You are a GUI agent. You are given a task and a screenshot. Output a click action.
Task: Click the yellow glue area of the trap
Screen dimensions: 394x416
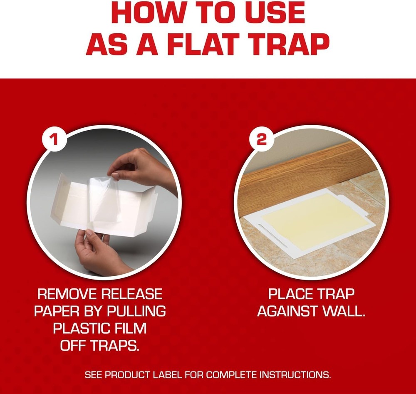pyautogui.click(x=316, y=221)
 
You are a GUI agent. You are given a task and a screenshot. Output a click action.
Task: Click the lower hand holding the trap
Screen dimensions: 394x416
pyautogui.click(x=94, y=254)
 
